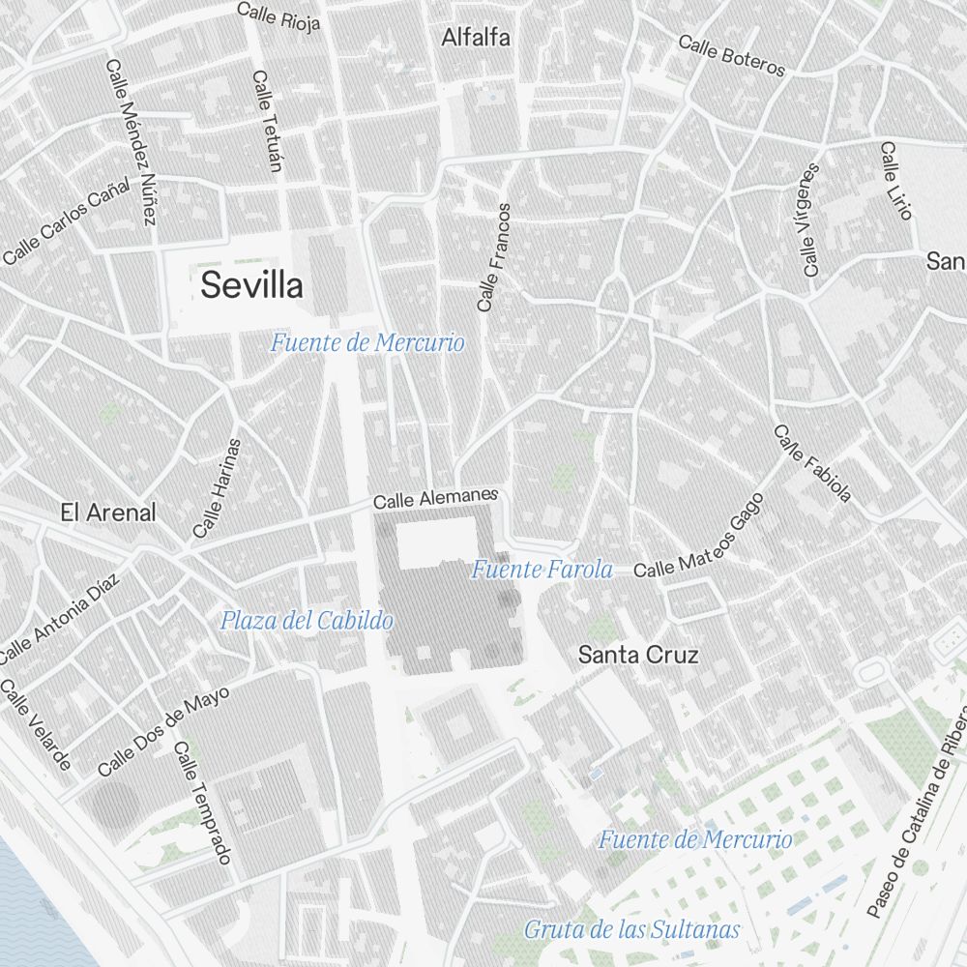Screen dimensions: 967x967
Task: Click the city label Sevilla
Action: coord(251,286)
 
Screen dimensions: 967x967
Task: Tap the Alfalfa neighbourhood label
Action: coord(475,39)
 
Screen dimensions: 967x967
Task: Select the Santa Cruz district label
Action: coord(637,656)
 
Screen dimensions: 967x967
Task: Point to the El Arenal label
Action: coord(107,513)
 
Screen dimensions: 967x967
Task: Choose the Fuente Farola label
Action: coord(542,571)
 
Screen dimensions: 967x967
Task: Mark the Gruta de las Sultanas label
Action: coord(631,930)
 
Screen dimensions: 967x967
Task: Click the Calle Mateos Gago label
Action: coord(699,537)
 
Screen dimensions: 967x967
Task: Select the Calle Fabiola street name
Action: coord(812,464)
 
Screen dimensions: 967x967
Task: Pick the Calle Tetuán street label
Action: coord(266,121)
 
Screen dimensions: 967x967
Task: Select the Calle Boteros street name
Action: coord(731,55)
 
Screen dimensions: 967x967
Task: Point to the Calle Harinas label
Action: coord(217,488)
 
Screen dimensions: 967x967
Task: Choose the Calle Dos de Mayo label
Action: coord(163,732)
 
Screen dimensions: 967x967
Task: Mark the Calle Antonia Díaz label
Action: coord(59,620)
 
